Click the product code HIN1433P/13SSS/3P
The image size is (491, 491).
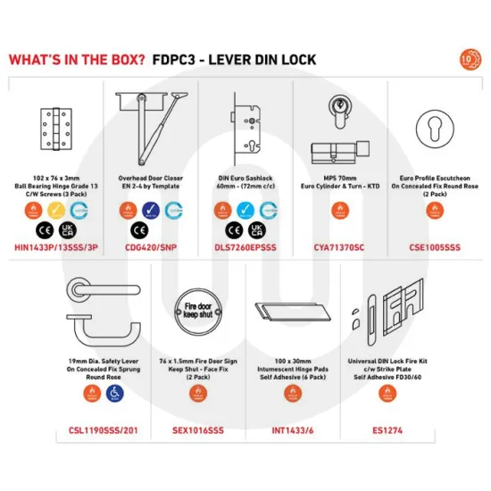57,245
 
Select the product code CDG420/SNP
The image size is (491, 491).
150,245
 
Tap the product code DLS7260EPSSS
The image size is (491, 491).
243,245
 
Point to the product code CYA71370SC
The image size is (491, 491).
339,245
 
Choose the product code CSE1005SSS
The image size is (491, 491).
432,245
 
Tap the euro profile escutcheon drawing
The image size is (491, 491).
432,125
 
